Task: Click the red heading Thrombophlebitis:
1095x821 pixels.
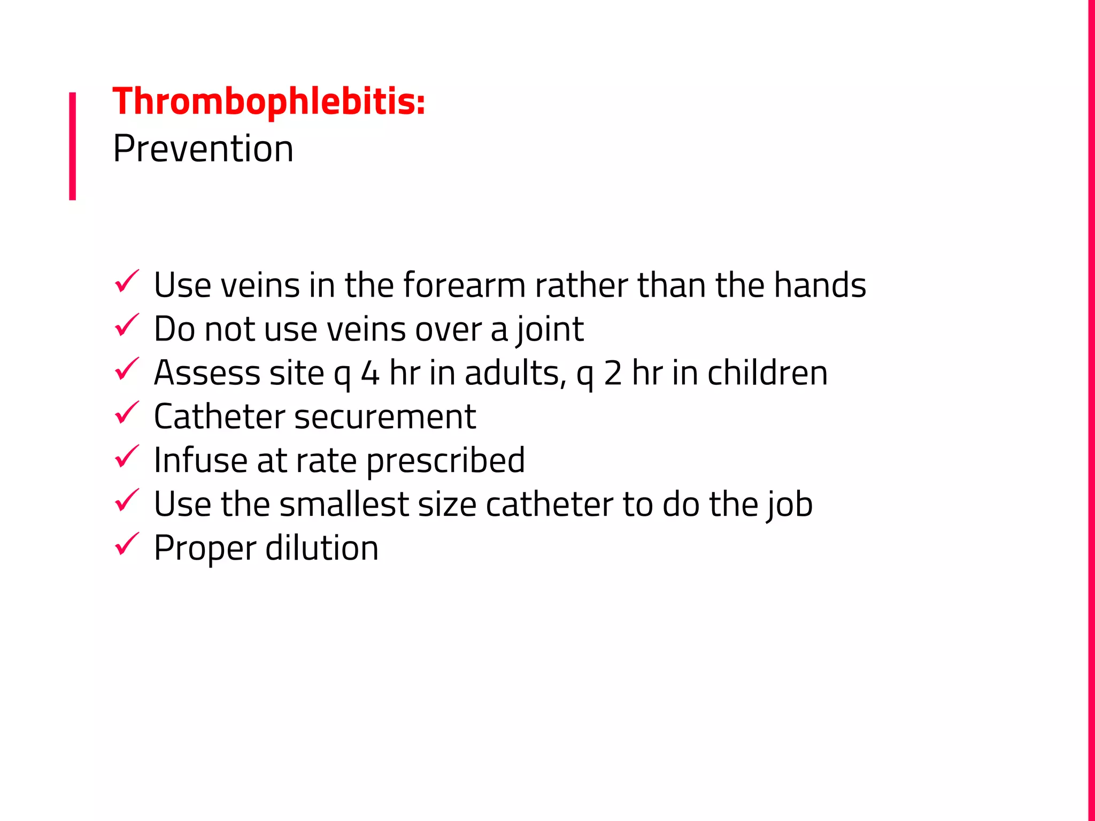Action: [x=269, y=102]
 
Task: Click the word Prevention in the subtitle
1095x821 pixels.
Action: [x=203, y=149]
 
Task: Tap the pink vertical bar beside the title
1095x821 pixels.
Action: [x=72, y=146]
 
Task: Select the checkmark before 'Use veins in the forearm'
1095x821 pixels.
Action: [x=127, y=282]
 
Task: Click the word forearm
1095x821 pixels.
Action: [x=464, y=285]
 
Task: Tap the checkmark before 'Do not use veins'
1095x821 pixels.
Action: [x=127, y=326]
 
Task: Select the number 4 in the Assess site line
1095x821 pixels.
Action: [x=370, y=373]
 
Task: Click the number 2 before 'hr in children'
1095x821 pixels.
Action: [x=613, y=373]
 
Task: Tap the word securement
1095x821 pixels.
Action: [x=385, y=417]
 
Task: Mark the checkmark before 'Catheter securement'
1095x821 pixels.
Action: [x=127, y=413]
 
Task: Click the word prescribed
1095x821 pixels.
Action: [x=445, y=461]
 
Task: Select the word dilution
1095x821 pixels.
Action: [x=322, y=548]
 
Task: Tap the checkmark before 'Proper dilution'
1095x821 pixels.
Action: [x=127, y=545]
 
